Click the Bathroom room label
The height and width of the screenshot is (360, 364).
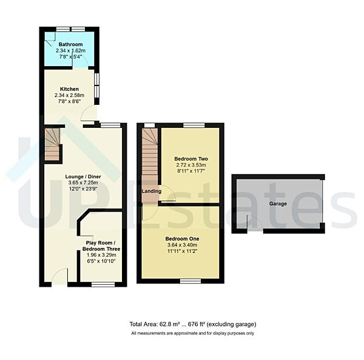coord(70,44)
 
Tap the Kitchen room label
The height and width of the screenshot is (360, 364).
coord(69,89)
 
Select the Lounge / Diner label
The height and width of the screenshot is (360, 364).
coord(83,176)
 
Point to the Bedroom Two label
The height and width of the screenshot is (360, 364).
coord(191,159)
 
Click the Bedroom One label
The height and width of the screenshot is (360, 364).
coord(182,239)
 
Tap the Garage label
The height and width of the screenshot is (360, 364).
coord(278,204)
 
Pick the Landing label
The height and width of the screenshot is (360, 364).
coord(151,191)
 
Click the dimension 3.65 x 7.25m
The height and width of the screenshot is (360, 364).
coord(83,183)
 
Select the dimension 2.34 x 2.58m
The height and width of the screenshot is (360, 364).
coord(69,95)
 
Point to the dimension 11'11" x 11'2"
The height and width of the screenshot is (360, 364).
coord(182,251)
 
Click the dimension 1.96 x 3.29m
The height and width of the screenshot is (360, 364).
coord(101,255)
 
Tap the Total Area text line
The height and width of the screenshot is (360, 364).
coord(193,324)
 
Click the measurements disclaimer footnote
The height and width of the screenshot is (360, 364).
coord(193,333)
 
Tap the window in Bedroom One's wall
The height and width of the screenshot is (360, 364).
coord(190,281)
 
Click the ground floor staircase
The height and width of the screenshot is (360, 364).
coord(52,145)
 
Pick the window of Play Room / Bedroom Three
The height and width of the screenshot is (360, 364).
coord(103,285)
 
